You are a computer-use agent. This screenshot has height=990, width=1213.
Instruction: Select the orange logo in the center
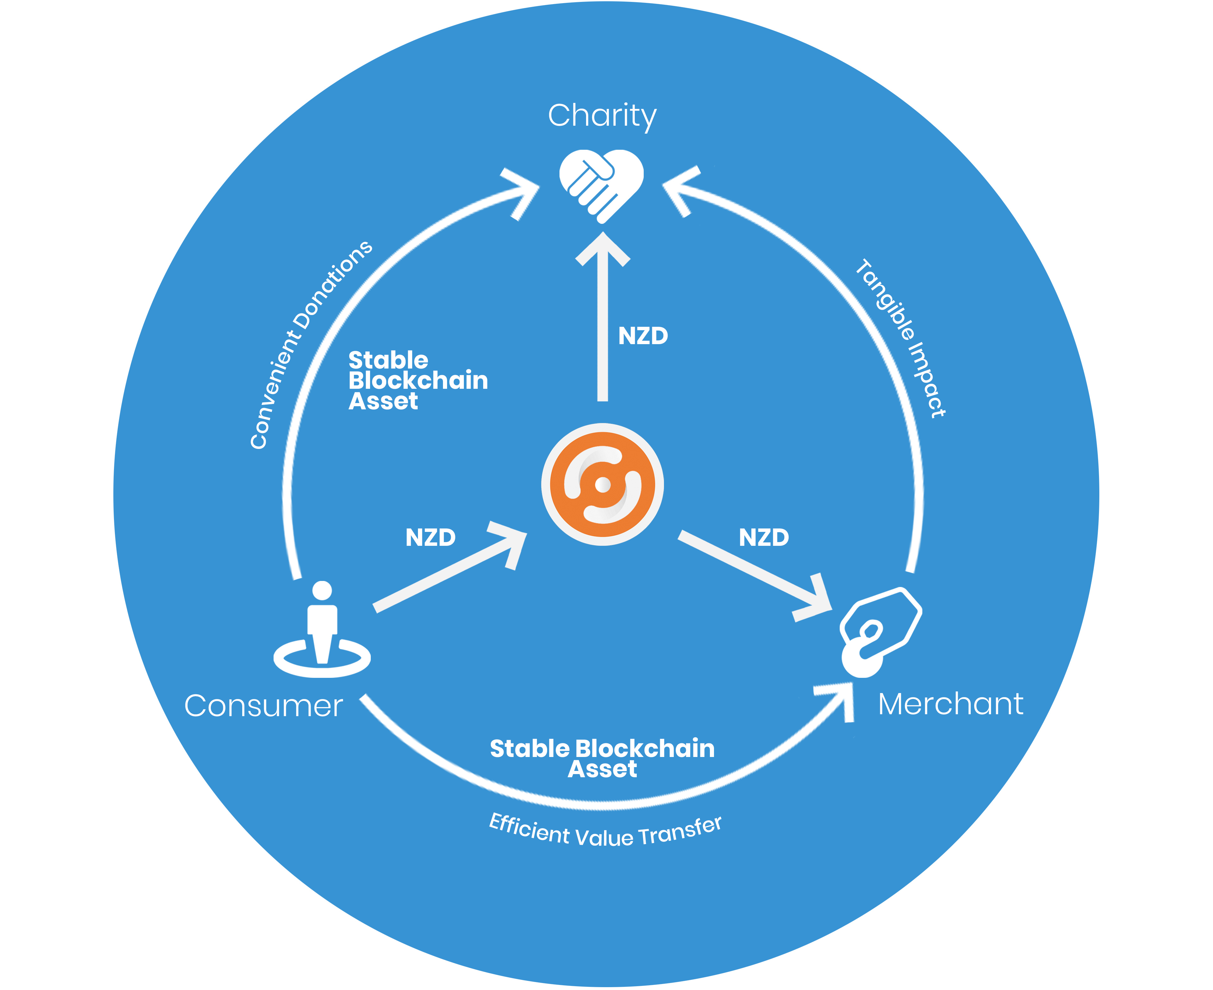tap(602, 485)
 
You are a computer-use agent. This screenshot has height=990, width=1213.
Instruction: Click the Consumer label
tap(263, 706)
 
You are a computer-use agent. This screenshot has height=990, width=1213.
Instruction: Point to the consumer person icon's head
tap(322, 590)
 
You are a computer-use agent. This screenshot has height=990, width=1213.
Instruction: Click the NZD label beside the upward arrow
tap(643, 337)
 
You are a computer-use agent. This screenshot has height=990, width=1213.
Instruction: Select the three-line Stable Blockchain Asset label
tap(417, 380)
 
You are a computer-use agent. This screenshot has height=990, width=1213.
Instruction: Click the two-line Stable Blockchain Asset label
tap(602, 759)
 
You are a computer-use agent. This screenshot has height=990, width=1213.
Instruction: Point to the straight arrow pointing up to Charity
tap(602, 325)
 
